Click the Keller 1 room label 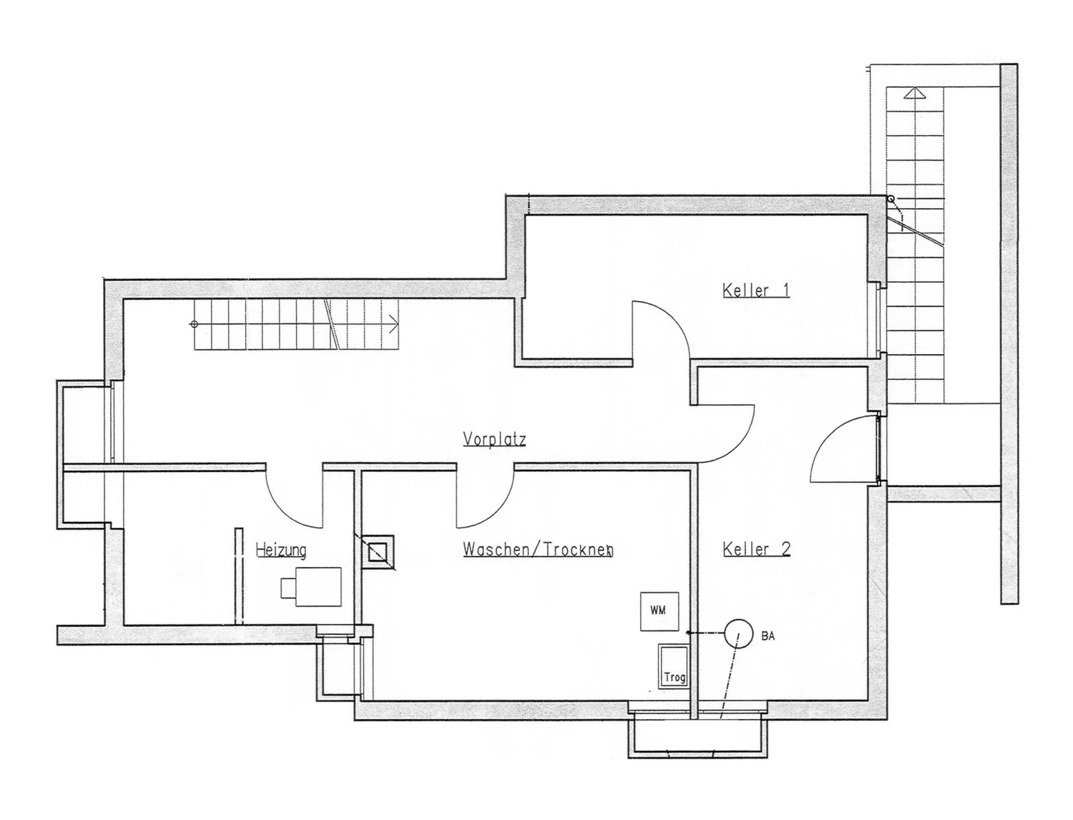pyautogui.click(x=756, y=291)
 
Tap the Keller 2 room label pyautogui.click(x=757, y=549)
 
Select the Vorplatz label pyautogui.click(x=495, y=439)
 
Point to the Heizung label pyautogui.click(x=281, y=551)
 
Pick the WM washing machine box pyautogui.click(x=659, y=612)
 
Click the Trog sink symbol pyautogui.click(x=673, y=668)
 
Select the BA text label pyautogui.click(x=768, y=636)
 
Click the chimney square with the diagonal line pyautogui.click(x=378, y=552)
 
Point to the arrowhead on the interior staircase pyautogui.click(x=394, y=323)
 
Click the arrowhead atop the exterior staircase pyautogui.click(x=914, y=93)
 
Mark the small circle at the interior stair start pyautogui.click(x=194, y=324)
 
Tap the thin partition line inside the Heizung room pyautogui.click(x=239, y=576)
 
